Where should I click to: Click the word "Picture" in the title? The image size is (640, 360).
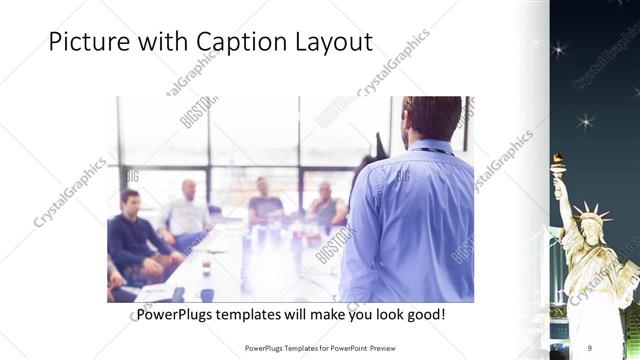pyautogui.click(x=84, y=43)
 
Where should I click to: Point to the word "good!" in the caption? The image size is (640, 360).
pyautogui.click(x=423, y=315)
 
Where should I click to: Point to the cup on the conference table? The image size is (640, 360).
pyautogui.click(x=205, y=264)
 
